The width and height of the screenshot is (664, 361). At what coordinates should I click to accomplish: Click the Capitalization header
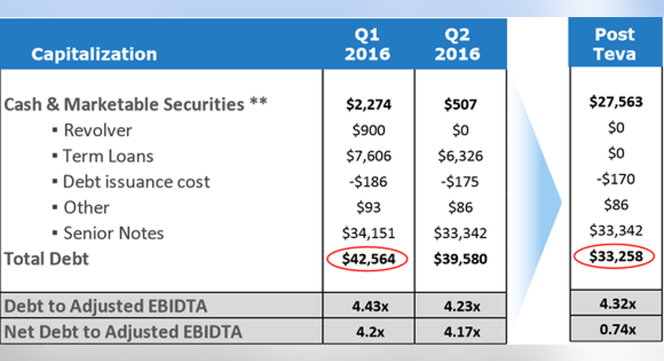(93, 54)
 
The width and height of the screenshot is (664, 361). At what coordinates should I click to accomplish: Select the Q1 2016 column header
(367, 44)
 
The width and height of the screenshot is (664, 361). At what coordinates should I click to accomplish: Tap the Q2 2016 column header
(460, 44)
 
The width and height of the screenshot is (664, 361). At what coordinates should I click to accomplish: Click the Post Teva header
(615, 44)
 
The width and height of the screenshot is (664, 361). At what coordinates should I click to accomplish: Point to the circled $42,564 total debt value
(367, 258)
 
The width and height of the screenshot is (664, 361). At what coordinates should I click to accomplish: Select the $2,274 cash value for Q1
(367, 105)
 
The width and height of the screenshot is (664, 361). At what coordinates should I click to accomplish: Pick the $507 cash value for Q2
(460, 105)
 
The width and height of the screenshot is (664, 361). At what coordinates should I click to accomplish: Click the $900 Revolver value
(368, 131)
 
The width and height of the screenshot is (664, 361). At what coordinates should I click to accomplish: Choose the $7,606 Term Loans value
(367, 156)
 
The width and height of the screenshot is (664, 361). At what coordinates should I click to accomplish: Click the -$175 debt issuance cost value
(460, 182)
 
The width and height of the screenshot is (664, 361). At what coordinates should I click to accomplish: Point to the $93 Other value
(367, 208)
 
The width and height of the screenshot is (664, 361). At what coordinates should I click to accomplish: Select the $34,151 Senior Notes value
(367, 233)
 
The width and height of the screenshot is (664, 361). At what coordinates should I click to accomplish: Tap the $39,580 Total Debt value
(460, 259)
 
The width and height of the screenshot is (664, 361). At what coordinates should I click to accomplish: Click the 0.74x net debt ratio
(615, 330)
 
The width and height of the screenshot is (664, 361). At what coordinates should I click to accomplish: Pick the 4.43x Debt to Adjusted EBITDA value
(367, 307)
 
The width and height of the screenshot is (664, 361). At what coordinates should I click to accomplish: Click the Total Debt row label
(46, 259)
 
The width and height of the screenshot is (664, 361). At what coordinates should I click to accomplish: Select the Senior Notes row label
(113, 233)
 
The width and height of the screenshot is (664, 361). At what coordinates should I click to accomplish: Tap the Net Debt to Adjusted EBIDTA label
(123, 332)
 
